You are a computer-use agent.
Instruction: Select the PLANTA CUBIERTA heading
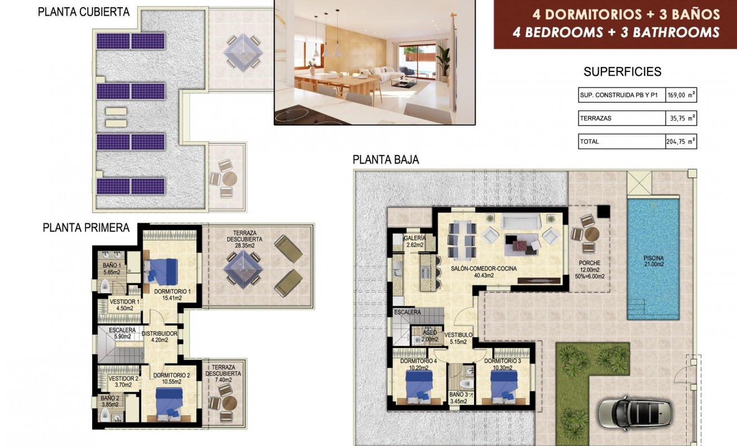click(x=84, y=12)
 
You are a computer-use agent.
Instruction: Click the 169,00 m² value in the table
click(x=682, y=95)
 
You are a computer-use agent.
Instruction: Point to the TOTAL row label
click(x=590, y=142)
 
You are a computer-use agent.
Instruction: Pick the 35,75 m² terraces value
click(x=682, y=118)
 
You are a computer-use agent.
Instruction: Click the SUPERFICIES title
click(x=622, y=71)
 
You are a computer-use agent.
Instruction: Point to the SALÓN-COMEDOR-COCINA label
click(x=484, y=268)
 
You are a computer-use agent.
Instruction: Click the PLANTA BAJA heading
click(x=386, y=160)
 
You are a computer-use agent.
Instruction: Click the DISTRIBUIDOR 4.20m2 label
click(x=159, y=337)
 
